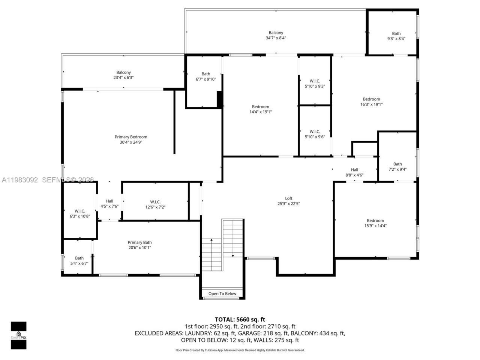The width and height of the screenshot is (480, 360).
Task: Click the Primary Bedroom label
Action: (x=131, y=137)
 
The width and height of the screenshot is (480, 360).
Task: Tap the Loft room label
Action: (x=288, y=198)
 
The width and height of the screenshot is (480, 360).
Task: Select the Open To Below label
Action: (x=222, y=294)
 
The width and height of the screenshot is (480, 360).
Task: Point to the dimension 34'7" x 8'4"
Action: (x=276, y=38)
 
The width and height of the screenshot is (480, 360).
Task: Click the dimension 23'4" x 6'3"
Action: (x=123, y=78)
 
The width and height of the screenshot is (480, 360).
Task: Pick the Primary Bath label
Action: (x=139, y=242)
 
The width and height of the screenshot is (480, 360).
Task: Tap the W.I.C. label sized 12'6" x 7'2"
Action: (x=155, y=202)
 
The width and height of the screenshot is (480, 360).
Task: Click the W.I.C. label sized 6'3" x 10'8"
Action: (x=79, y=211)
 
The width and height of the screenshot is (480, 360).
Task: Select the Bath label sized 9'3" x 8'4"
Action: (x=396, y=33)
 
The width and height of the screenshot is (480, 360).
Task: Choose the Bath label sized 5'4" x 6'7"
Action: (x=79, y=258)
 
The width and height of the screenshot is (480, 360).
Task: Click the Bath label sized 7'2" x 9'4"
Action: (x=397, y=164)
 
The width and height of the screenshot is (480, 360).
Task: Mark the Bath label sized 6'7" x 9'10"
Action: (x=206, y=74)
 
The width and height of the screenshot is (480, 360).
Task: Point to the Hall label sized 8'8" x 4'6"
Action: (x=354, y=170)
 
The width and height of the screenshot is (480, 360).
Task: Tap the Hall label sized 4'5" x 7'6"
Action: (x=109, y=201)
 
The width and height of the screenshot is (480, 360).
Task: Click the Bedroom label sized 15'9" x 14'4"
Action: (x=375, y=220)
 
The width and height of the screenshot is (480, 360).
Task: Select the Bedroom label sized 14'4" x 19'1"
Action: (x=260, y=106)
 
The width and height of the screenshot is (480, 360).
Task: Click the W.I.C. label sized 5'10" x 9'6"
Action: (x=315, y=132)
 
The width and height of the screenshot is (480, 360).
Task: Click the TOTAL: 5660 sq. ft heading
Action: (x=240, y=319)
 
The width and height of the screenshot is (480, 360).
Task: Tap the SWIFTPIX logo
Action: (x=18, y=335)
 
